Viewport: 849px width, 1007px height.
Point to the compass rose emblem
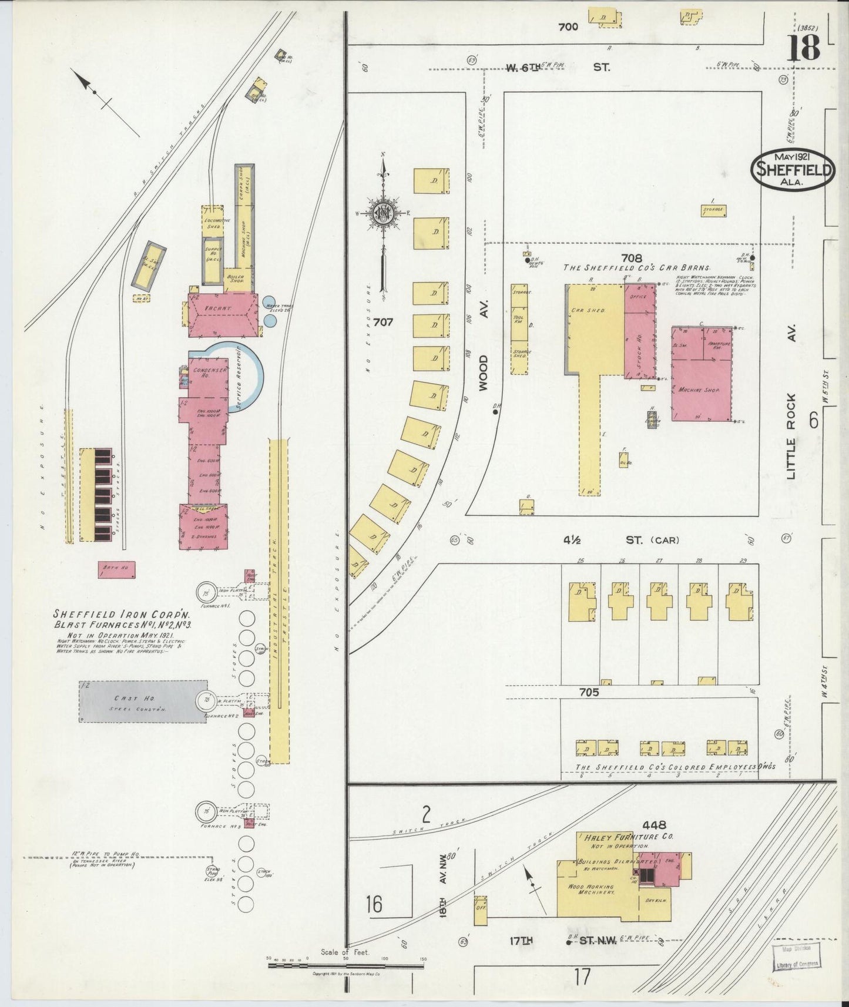click(382, 214)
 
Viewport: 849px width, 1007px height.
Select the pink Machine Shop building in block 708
click(702, 374)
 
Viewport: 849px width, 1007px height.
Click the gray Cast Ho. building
click(143, 701)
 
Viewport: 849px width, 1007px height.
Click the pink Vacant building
click(223, 315)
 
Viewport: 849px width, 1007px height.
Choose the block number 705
click(589, 692)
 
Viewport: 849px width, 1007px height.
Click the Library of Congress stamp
click(796, 955)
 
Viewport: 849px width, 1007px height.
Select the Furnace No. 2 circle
click(204, 700)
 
